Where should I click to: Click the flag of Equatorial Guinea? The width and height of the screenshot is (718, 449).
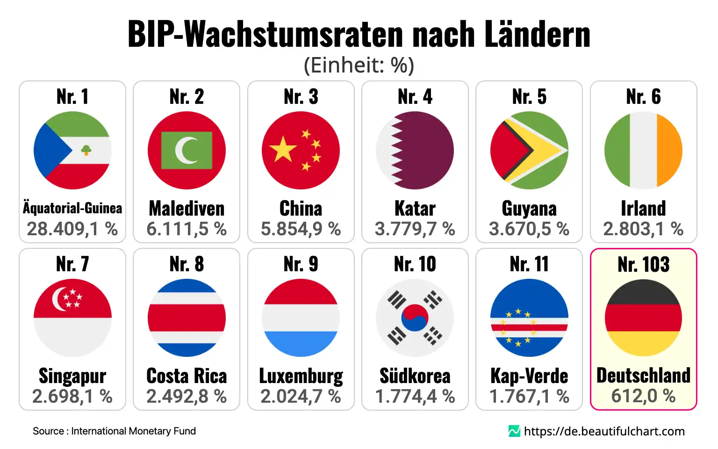(x=72, y=150)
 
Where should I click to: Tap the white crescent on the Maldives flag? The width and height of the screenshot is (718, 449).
(x=185, y=150)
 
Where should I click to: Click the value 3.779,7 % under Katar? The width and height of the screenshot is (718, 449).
(x=415, y=229)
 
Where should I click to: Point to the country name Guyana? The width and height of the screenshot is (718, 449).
(x=529, y=209)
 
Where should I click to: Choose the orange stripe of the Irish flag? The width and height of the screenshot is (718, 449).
(x=669, y=150)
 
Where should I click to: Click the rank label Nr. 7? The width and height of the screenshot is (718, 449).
(x=72, y=264)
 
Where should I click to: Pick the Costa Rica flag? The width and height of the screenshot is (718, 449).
(x=187, y=318)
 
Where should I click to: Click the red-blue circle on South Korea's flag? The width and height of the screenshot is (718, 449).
(x=415, y=318)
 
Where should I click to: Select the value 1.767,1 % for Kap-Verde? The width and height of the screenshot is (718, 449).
(x=529, y=396)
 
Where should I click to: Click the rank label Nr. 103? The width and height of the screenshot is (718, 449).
(x=643, y=264)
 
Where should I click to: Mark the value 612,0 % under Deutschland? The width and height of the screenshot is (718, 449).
(x=643, y=396)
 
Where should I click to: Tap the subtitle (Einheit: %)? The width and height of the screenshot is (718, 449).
(x=359, y=65)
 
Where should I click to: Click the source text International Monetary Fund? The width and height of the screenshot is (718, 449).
(x=133, y=431)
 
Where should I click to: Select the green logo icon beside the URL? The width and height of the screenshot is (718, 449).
(x=514, y=431)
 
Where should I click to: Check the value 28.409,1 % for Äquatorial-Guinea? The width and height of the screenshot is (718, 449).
(x=72, y=229)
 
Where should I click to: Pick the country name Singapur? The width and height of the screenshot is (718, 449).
(x=72, y=376)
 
